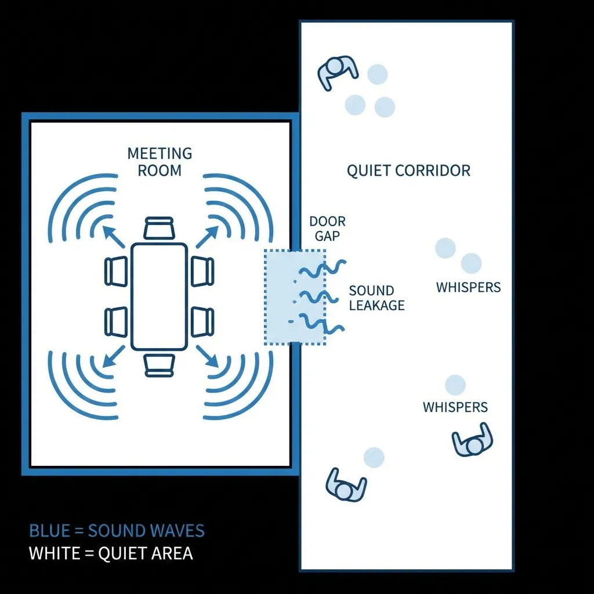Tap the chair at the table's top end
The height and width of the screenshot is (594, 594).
click(159, 228)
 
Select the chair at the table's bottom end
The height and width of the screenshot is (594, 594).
click(159, 365)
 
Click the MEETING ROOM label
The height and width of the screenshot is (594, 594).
click(160, 162)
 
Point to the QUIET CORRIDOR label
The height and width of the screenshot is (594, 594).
click(408, 171)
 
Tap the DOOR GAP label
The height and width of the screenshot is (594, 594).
click(327, 229)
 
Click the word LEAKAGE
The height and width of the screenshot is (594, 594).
click(376, 306)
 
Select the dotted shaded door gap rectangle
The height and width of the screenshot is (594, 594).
click(294, 296)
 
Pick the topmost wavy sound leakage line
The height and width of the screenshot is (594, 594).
click(323, 268)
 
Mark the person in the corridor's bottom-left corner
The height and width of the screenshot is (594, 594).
click(346, 485)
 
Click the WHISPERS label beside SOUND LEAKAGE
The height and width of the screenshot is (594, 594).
click(468, 287)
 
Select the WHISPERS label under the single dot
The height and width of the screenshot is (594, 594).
click(455, 407)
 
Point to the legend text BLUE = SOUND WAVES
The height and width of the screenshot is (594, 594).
click(117, 531)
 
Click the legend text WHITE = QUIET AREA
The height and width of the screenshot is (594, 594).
click(111, 553)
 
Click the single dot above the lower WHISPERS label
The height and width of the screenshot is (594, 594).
click(455, 385)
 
